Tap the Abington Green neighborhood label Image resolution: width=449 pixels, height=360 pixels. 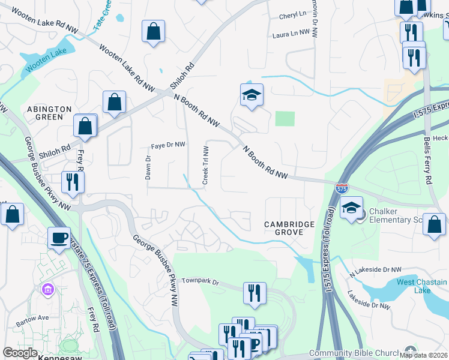pos(49,113)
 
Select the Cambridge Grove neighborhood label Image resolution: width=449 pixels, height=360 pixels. pos(289,229)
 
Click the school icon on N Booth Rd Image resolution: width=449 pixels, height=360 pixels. pos(252,94)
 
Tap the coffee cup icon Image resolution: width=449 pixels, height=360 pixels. pos(59,238)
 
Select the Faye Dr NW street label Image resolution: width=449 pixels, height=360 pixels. pos(168,145)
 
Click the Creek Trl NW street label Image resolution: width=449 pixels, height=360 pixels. pos(205,165)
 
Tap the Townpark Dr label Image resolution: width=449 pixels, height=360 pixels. pos(202,280)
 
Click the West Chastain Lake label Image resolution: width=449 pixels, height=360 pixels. pos(422,286)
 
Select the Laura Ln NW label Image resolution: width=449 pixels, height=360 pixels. pos(291,35)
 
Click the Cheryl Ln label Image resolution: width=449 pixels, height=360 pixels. pos(293,13)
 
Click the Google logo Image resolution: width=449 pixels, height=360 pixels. pos(20,353)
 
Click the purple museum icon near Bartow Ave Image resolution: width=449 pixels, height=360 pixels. pos(47,290)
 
